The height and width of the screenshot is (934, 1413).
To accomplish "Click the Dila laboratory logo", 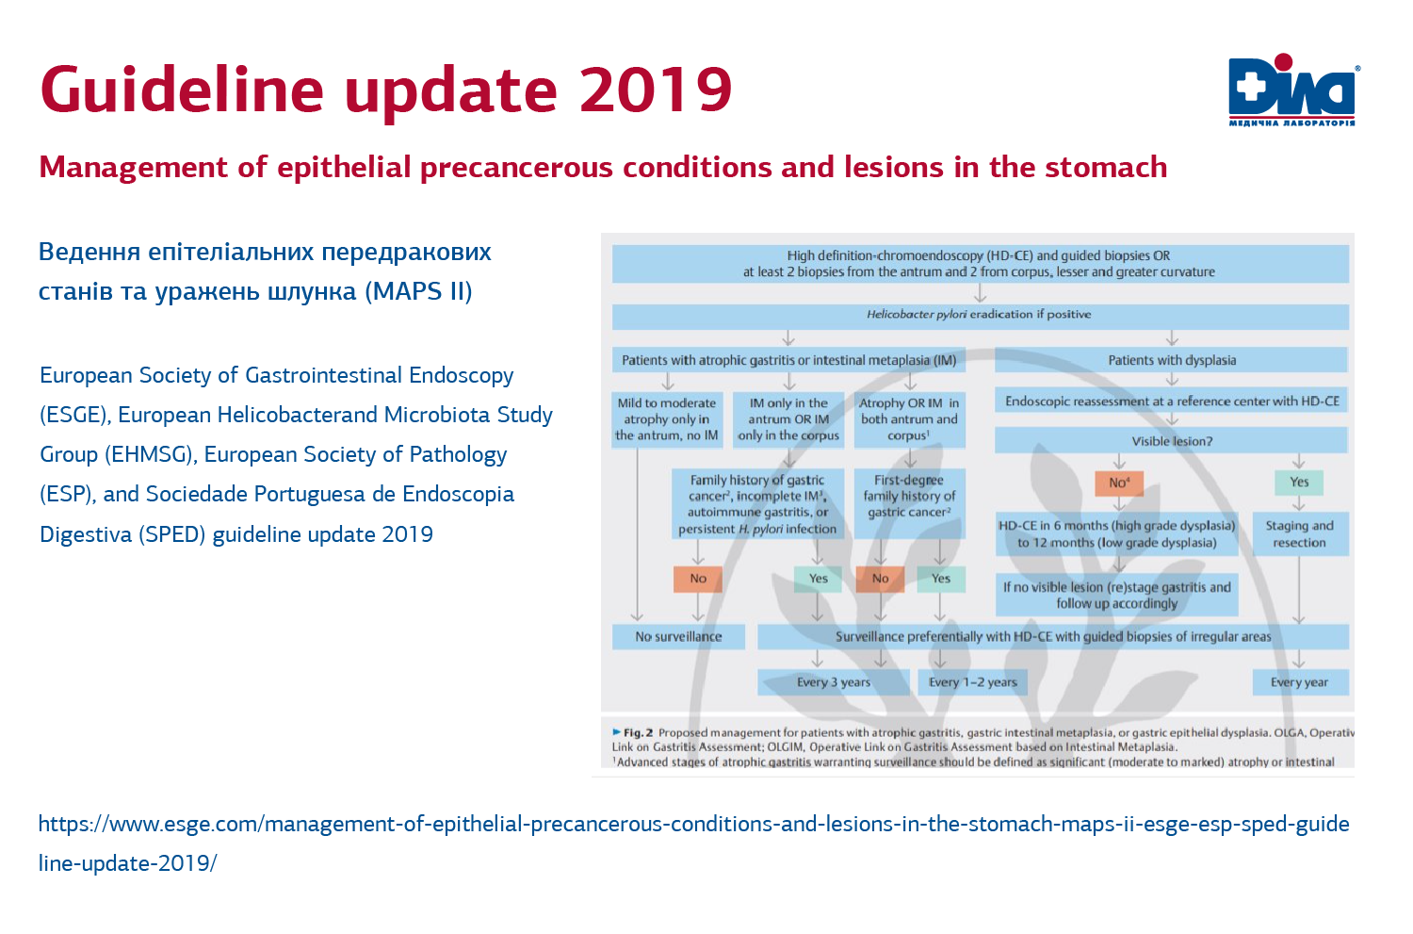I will pos(1292,90).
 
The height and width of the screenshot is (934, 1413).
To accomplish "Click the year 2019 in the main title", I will pos(656,90).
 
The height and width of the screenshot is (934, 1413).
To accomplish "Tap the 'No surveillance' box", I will pos(678,637).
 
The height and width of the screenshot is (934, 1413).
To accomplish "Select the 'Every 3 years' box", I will pos(833,682).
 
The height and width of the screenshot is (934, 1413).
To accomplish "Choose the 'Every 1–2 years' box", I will pos(972,682).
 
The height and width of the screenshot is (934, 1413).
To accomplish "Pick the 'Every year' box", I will pos(1299,682).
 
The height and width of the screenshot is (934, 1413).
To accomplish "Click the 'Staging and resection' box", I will pos(1299,534).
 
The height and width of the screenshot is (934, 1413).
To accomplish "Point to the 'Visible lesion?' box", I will pos(1172,441).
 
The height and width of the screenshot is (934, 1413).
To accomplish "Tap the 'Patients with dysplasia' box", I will pos(1172,360).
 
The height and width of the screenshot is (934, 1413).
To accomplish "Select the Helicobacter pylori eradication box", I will pos(980,315).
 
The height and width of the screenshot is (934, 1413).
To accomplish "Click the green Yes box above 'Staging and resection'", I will pos(1299,483).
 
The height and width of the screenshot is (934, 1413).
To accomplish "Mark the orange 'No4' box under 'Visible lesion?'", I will pos(1119,483).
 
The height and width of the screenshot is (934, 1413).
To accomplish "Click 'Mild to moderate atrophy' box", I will pos(667,419).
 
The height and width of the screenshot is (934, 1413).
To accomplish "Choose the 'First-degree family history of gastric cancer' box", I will pos(909,497).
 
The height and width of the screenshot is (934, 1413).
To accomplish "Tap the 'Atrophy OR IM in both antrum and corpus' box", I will pos(909,419).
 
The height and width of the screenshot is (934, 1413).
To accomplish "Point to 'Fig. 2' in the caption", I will pos(638,732).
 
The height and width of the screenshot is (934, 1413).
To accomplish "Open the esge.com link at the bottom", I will pos(693,825).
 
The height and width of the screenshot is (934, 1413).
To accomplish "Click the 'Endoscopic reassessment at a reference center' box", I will pos(1172,401).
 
